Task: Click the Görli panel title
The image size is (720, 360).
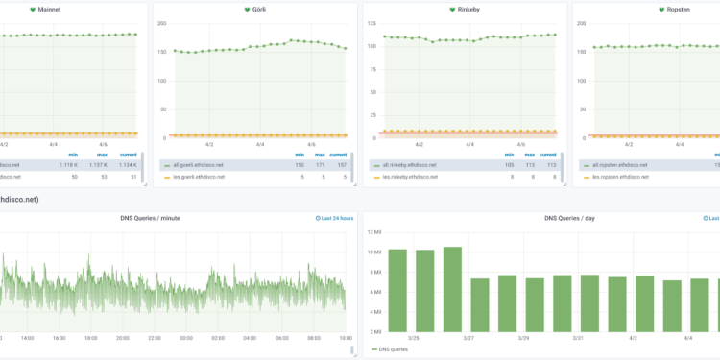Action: [x=258, y=10]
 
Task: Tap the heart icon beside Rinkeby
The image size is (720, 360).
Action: [x=453, y=10]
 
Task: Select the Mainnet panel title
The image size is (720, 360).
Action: [x=47, y=10]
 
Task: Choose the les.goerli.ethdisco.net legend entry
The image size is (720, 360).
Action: [x=198, y=177]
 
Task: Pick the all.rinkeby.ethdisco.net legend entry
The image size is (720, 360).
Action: [x=410, y=165]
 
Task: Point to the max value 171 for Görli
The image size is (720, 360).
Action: [x=320, y=165]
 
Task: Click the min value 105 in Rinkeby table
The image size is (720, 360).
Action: [x=510, y=165]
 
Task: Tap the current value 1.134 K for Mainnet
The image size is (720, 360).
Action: [x=123, y=165]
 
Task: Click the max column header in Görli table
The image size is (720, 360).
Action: [x=320, y=154]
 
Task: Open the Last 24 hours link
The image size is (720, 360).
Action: [x=335, y=218]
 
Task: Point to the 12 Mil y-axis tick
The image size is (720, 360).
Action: [x=373, y=231]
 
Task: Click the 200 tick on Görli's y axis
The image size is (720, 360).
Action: [x=160, y=23]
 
